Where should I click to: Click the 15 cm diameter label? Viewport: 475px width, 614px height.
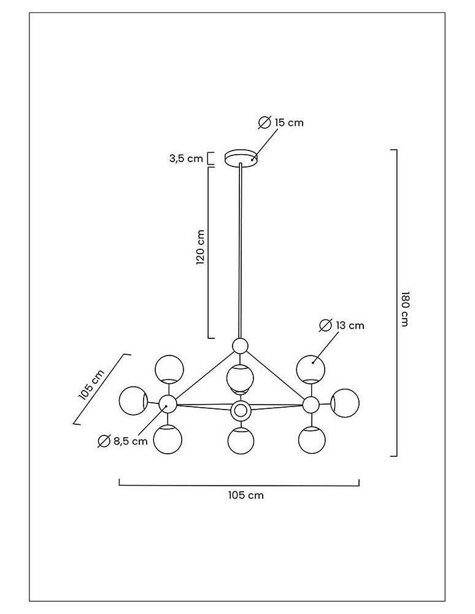pos(288,123)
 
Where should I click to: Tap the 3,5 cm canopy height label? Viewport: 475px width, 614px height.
pos(186,159)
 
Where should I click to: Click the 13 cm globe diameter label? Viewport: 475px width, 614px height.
pos(350,325)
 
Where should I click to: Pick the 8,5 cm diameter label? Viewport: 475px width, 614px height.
pos(130,441)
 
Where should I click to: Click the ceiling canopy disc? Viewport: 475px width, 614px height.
pos(241,158)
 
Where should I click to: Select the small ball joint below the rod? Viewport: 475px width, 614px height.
pos(240,346)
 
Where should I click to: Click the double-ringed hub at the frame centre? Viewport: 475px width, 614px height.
pos(240,410)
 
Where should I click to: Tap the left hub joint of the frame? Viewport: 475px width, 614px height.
pos(168,404)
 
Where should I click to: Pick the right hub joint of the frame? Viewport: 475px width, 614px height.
pos(311,405)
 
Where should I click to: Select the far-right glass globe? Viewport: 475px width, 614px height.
pos(345,402)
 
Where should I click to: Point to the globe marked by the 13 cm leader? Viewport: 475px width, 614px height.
pos(311,368)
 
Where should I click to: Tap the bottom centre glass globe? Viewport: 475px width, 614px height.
pos(240,441)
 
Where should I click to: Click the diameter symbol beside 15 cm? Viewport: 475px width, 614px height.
pos(264,123)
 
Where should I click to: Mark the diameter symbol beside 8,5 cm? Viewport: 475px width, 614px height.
pos(104,441)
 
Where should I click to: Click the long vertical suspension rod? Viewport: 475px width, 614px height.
pos(239,252)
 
